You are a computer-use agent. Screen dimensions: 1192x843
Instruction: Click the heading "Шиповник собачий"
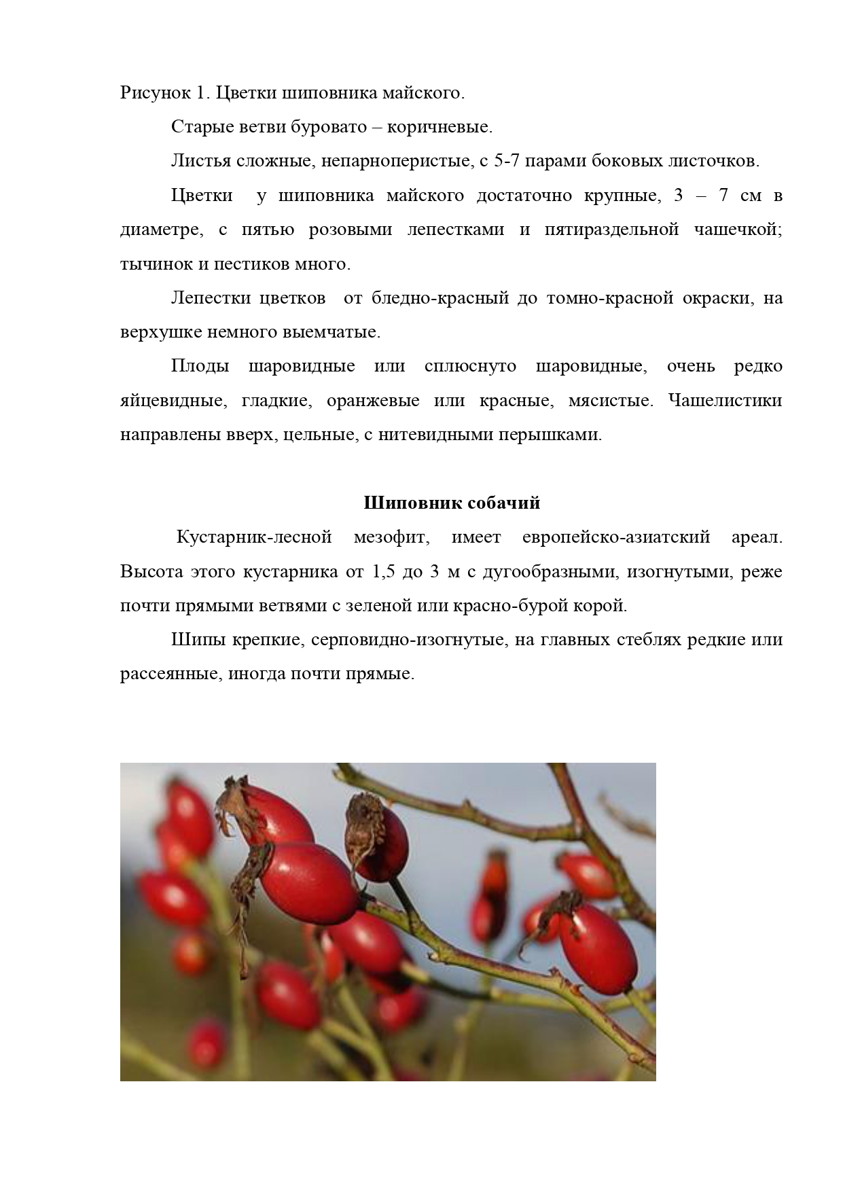pyautogui.click(x=452, y=503)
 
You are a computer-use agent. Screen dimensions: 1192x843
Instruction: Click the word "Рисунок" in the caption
pyautogui.click(x=149, y=93)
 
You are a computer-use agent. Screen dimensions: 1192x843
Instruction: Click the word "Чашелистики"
pyautogui.click(x=725, y=401)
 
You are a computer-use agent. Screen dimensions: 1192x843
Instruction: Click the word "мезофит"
pyautogui.click(x=391, y=537)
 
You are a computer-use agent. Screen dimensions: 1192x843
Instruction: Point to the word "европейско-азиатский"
pyautogui.click(x=616, y=537)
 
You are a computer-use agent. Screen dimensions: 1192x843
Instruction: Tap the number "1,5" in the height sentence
pyautogui.click(x=384, y=571)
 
